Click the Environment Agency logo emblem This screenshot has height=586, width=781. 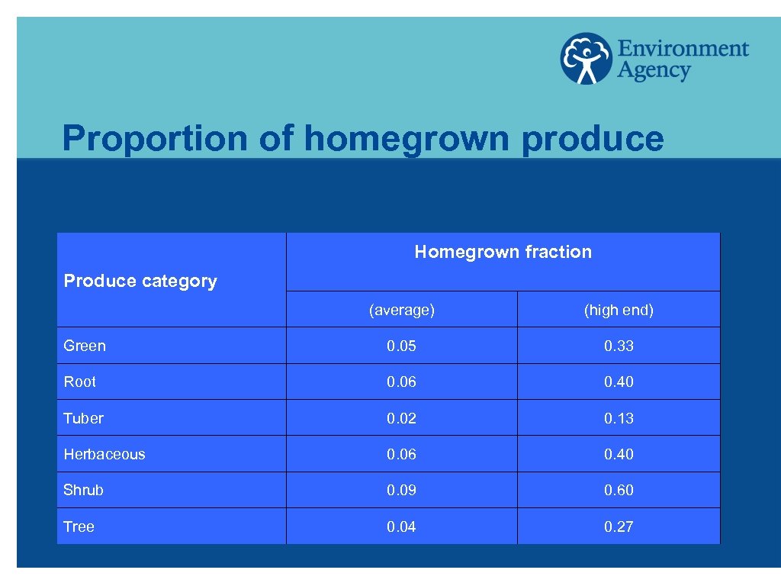[x=586, y=58]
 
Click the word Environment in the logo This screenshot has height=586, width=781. [x=683, y=49]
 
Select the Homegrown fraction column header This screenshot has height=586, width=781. [x=503, y=252]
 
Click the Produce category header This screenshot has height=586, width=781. [x=140, y=281]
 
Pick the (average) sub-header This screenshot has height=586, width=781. [x=401, y=310]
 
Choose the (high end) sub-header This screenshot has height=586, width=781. [x=619, y=310]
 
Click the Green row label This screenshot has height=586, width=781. [x=85, y=346]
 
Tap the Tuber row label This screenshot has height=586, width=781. [x=83, y=418]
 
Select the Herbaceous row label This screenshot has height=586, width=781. [x=104, y=454]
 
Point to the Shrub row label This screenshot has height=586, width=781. [x=83, y=490]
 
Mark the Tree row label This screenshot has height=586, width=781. [x=79, y=526]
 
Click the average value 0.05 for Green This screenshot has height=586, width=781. [x=401, y=346]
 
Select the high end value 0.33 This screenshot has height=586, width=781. [x=619, y=346]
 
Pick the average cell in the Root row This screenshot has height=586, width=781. [x=401, y=382]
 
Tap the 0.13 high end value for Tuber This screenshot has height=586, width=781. [x=619, y=418]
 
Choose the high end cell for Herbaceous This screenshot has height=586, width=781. [x=619, y=454]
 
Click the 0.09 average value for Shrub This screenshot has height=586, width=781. [x=401, y=490]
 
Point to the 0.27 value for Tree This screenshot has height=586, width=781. [x=619, y=526]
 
